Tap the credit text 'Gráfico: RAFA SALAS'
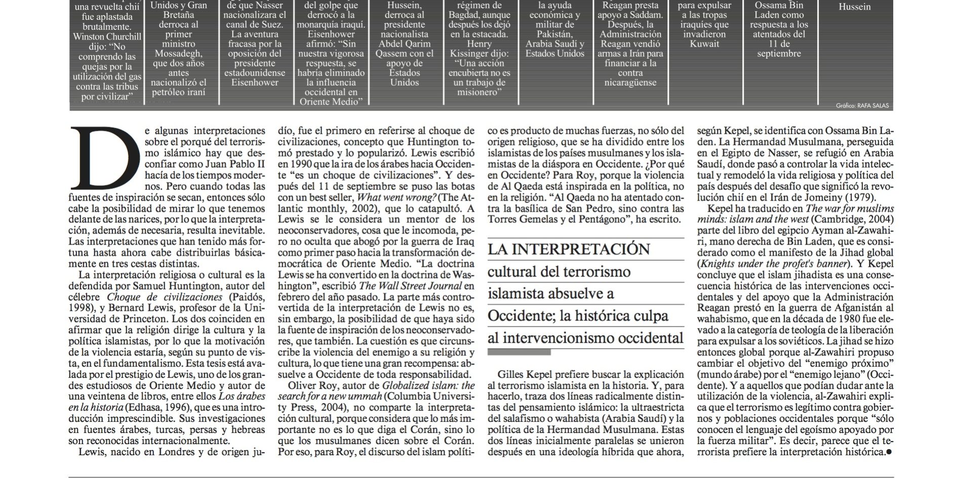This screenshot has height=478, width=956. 862,106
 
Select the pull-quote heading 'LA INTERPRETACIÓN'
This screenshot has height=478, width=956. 569,249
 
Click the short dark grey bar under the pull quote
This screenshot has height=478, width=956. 519,352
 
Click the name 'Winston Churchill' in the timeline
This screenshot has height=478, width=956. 107,36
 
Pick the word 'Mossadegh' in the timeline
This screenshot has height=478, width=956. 179,54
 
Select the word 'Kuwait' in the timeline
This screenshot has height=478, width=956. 704,44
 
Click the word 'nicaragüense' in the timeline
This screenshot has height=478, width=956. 630,83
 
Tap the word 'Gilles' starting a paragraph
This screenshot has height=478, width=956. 511,375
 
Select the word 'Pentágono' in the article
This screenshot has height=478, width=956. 604,219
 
